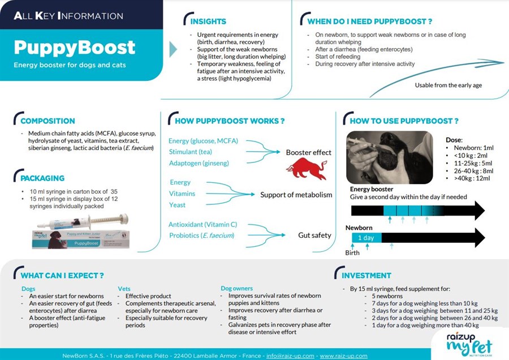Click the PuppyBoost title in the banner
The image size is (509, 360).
75,47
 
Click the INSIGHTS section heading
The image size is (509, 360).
208,22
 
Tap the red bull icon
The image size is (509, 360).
306,169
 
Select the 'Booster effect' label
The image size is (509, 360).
308,152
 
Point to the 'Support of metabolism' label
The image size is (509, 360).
296,195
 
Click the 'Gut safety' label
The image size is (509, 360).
314,235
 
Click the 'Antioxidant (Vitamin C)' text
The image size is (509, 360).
201,225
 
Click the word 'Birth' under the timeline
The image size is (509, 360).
352,253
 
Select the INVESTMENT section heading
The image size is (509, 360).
366,276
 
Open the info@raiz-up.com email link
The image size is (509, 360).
290,355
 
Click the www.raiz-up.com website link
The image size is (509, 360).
343,355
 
